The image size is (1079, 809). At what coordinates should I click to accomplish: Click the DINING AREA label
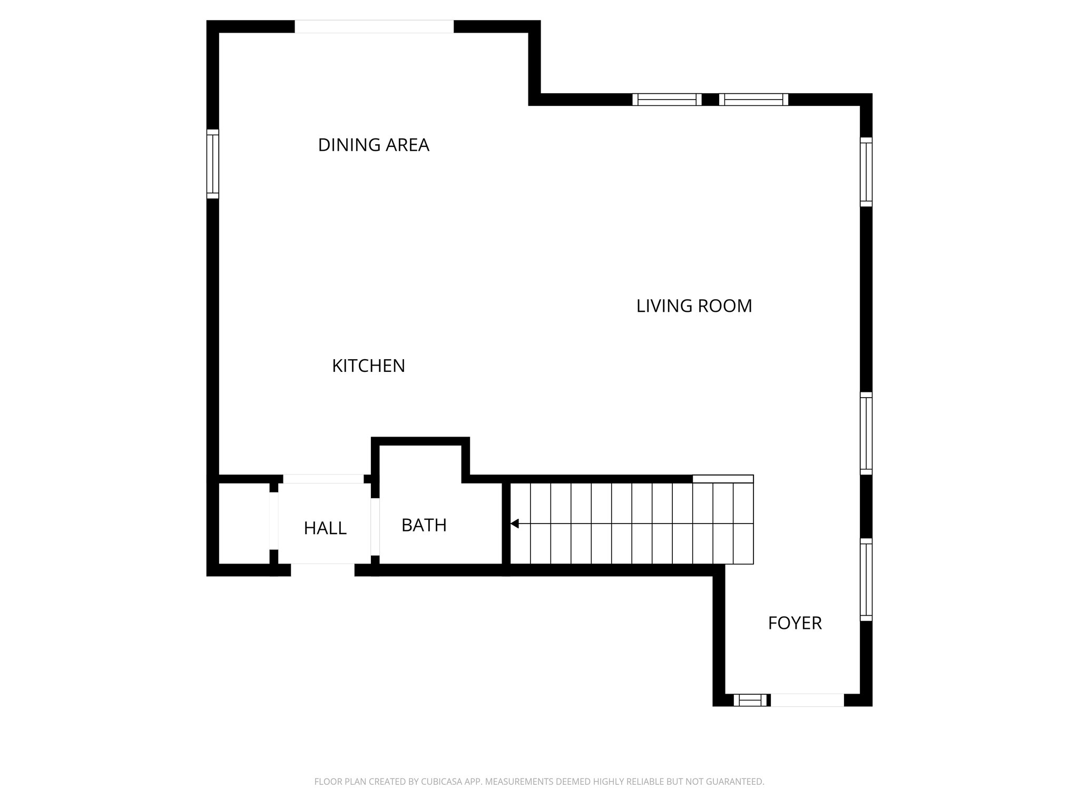[x=374, y=145]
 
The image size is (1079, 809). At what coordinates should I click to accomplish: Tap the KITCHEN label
[x=368, y=366]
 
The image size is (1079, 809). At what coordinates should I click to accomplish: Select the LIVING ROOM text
[x=694, y=306]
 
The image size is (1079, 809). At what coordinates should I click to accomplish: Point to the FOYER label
[x=794, y=623]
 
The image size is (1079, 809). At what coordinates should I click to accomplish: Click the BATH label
[x=424, y=525]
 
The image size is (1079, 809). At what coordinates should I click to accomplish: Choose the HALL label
[x=325, y=528]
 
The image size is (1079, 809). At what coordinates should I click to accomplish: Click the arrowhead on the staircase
[x=515, y=524]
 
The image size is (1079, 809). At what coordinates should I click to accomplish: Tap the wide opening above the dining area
[x=374, y=26]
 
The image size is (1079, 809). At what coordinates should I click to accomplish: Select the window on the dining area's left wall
[x=212, y=164]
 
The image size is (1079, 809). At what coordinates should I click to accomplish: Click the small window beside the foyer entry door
[x=751, y=700]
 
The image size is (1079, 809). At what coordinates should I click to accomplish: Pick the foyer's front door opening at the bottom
[x=807, y=700]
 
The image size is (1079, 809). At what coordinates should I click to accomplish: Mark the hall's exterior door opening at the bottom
[x=322, y=570]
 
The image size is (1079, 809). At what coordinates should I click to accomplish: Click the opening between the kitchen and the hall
[x=323, y=479]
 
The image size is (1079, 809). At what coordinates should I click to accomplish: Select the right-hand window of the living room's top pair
[x=753, y=100]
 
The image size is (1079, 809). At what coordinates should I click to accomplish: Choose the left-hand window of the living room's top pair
[x=667, y=100]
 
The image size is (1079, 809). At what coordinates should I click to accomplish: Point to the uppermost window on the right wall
[x=866, y=172]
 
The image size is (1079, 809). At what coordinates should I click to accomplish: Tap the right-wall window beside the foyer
[x=866, y=579]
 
